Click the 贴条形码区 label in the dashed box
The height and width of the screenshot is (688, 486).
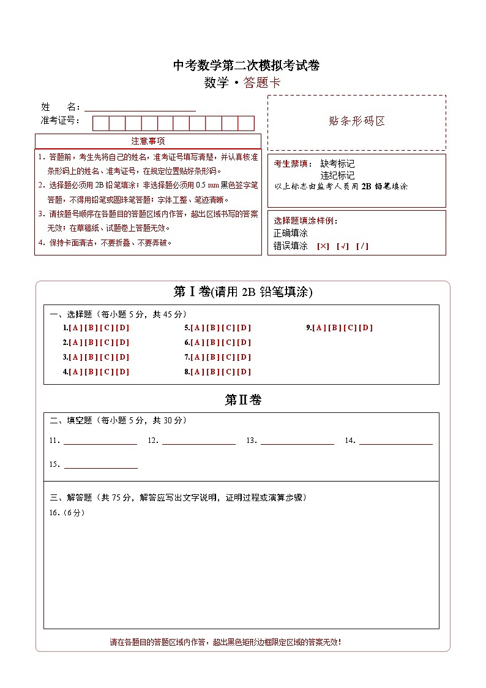pos(357,121)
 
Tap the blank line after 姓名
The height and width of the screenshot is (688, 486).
pos(140,107)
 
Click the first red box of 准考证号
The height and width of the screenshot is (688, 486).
pos(100,123)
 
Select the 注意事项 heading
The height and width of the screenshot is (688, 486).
pos(148,141)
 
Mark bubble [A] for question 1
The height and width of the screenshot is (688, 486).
pos(76,328)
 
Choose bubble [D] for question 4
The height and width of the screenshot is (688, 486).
pos(122,372)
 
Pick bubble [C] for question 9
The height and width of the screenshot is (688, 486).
pos(350,328)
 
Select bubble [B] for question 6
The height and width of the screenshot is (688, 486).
pos(213,342)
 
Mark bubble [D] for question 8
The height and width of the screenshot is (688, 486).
pos(244,372)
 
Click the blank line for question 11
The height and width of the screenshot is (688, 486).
pos(100,440)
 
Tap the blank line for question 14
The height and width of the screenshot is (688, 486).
pos(395,440)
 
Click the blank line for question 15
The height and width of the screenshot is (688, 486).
pos(100,464)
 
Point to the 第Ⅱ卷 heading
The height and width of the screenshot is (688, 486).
pos(243,400)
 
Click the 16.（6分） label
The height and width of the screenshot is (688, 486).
pos(67,513)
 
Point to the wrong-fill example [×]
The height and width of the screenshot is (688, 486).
pos(323,246)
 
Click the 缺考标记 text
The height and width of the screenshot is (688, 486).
pos(337,164)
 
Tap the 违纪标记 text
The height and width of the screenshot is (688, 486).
pos(337,175)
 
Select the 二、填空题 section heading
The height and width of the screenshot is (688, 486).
pos(118,420)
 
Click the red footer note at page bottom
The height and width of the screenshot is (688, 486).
pos(225,642)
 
